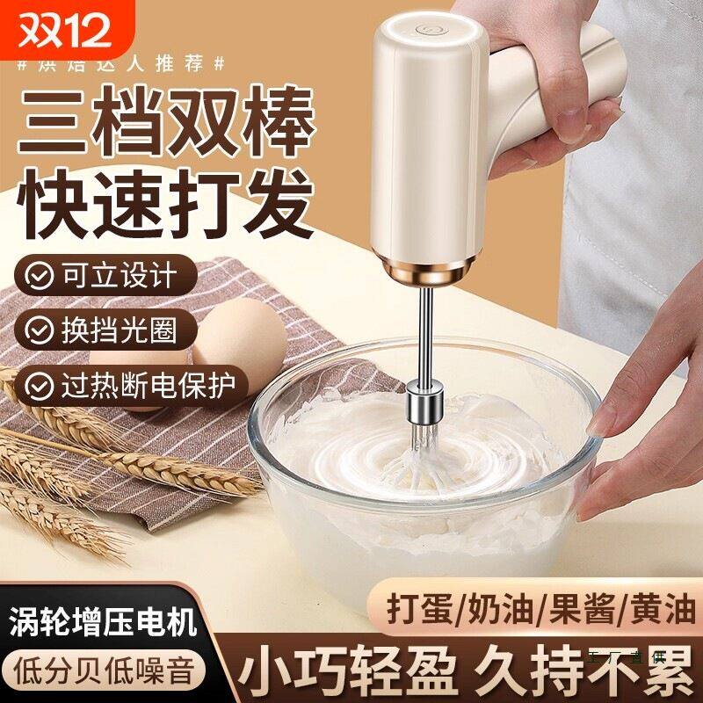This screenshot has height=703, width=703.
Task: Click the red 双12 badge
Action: click(59, 26)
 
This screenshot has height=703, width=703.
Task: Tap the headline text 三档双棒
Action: click(158, 120)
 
